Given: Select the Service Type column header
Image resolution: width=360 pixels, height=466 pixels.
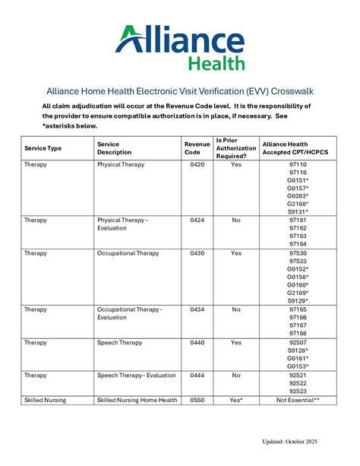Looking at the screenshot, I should pos(43,147).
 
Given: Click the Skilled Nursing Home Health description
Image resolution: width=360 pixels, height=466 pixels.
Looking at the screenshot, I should pos(137,400).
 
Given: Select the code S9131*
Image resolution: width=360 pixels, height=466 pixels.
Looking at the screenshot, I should pos(298,212).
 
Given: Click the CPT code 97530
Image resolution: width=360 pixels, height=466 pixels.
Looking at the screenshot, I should pos(298,252).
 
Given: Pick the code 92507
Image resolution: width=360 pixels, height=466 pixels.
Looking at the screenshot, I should pos(298,343).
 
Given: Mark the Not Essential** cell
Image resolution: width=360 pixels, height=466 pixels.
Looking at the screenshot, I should pos(298,400).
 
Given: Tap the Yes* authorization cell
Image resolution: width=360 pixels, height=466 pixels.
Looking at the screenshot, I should pos(236,400).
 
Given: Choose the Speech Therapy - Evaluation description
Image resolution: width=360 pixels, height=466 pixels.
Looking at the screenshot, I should pos(140,376).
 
